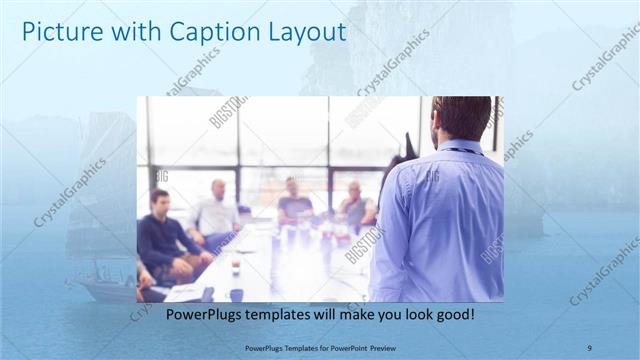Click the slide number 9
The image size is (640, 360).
point(589,347)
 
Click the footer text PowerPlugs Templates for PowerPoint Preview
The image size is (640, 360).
point(319,347)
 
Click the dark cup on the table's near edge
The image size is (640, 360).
point(236,294)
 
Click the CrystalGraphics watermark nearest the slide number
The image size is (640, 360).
point(603,270)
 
